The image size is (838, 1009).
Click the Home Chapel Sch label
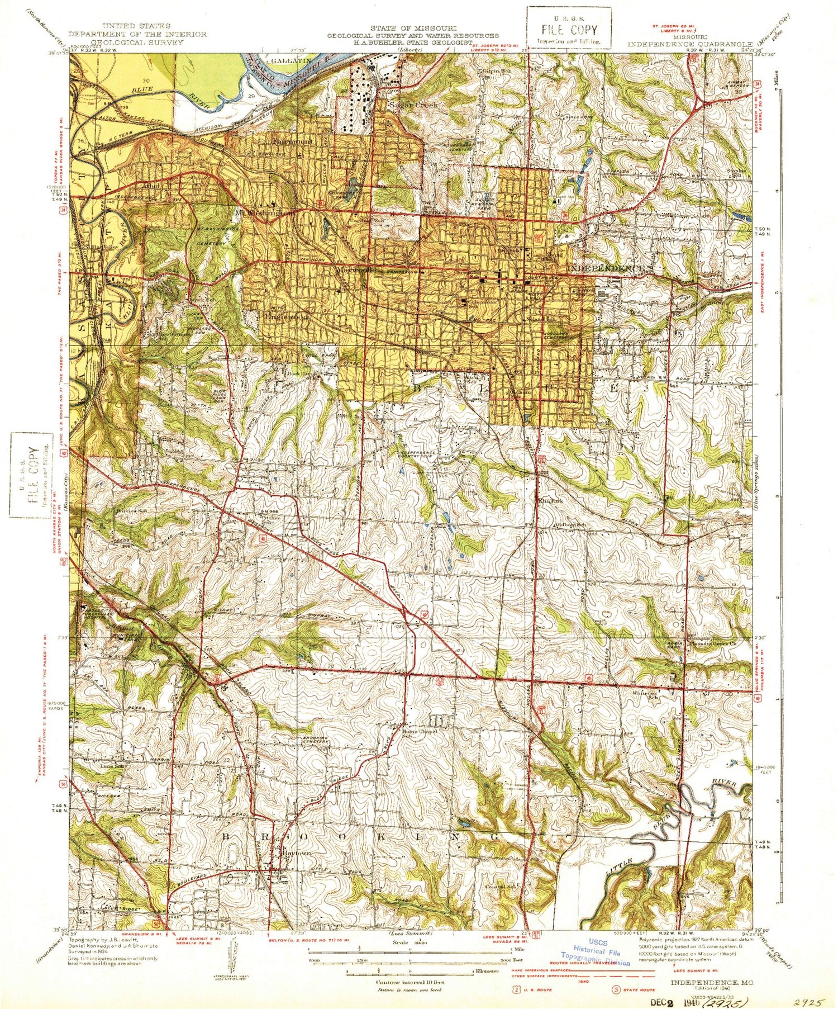[419, 733]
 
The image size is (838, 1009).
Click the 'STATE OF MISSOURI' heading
[413, 28]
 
